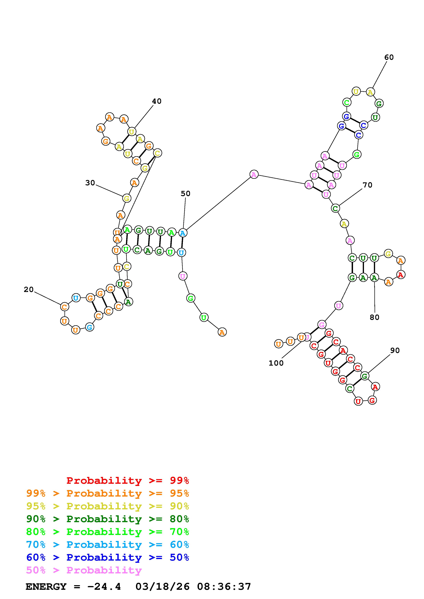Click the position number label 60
[389, 57]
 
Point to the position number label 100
[276, 363]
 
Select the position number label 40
[157, 101]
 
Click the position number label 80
[374, 317]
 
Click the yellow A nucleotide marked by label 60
[370, 92]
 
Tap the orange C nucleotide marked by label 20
[64, 307]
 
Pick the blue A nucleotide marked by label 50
[183, 233]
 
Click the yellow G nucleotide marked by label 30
[126, 198]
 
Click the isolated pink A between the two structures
[254, 174]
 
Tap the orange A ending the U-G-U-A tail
[222, 332]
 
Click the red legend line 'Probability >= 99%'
[128, 480]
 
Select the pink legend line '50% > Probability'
[84, 570]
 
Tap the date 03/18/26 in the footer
[162, 587]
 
